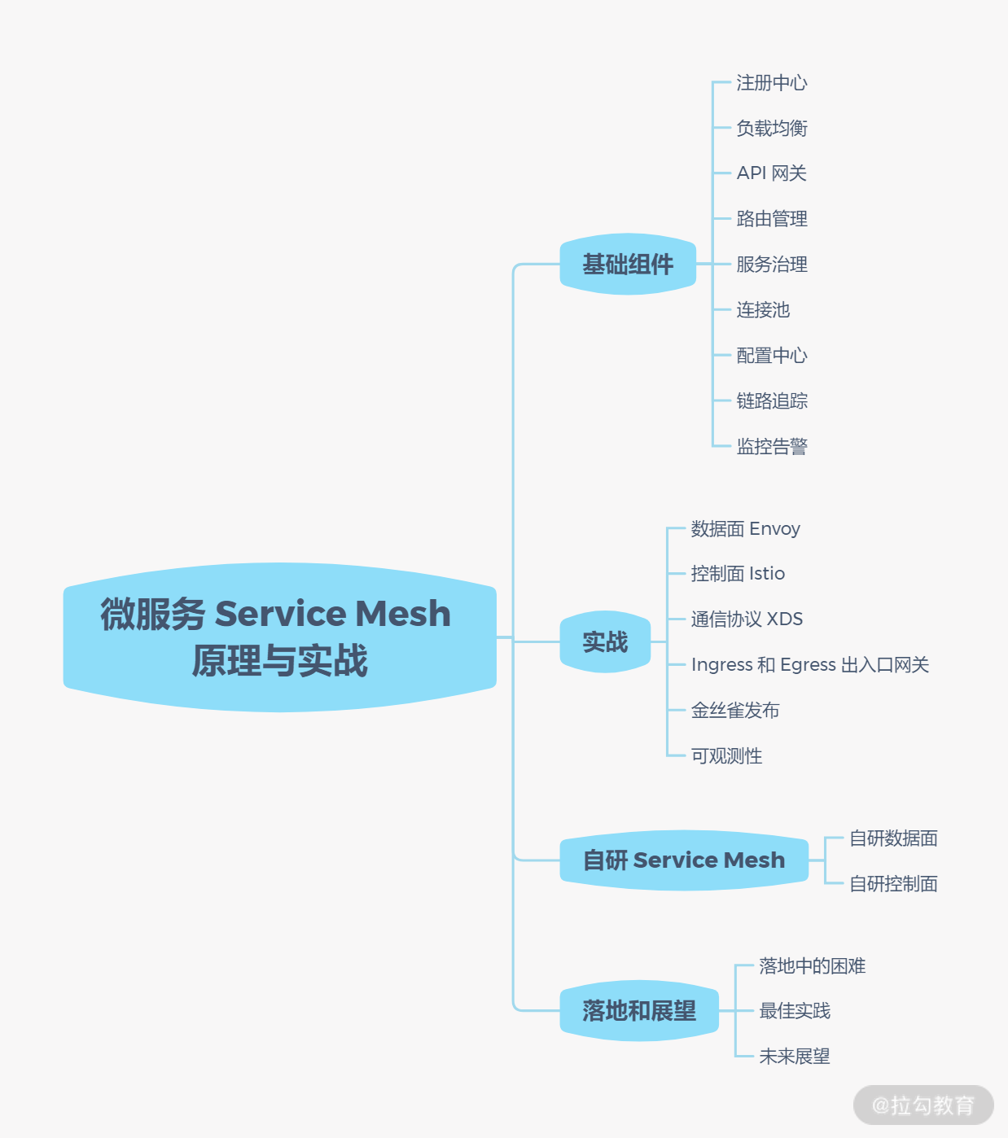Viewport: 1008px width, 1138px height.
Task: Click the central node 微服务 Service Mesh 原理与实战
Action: coord(280,637)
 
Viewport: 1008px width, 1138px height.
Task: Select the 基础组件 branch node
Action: coord(628,264)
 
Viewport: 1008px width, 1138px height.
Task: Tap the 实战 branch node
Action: coord(605,641)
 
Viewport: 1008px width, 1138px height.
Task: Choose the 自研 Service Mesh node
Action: coord(684,860)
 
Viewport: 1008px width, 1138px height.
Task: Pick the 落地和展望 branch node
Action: coord(639,1010)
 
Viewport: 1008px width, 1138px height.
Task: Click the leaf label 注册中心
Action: coord(771,82)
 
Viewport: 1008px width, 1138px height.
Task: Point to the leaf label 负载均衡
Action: coord(771,128)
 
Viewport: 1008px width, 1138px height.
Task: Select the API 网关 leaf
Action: coord(771,173)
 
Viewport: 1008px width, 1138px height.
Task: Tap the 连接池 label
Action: coord(763,309)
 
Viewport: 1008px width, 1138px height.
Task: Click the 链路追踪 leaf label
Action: coord(771,400)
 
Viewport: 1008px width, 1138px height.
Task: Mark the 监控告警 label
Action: coord(771,446)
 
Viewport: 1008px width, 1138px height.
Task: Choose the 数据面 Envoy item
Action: coord(745,528)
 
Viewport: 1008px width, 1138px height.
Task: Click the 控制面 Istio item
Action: coord(738,574)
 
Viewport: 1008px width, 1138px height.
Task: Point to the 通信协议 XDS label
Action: coord(747,619)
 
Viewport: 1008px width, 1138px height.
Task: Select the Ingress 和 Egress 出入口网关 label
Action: coord(809,664)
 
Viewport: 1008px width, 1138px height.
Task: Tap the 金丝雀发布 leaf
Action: coord(735,710)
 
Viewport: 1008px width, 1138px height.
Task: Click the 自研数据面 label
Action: coord(893,838)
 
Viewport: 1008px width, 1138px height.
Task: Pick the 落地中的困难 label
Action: coord(812,965)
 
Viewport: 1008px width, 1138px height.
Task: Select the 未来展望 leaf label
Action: coord(795,1056)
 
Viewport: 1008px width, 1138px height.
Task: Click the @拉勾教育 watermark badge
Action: coord(923,1105)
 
